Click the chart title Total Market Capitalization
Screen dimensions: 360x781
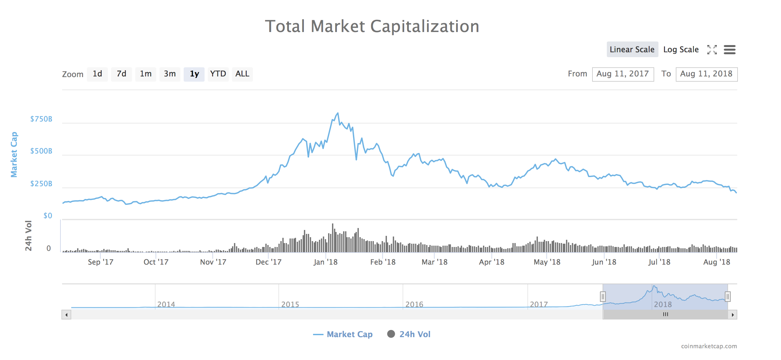point(372,26)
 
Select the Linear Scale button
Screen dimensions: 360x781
point(632,49)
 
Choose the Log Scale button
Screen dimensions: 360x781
point(681,49)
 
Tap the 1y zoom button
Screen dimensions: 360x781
point(194,74)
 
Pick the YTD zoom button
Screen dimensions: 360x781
point(218,74)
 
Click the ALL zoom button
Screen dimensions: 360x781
point(242,74)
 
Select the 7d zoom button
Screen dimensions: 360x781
point(121,74)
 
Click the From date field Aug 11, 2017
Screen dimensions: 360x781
point(623,74)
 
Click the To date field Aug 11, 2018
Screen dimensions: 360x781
point(706,74)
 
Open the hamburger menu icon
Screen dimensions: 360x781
point(729,50)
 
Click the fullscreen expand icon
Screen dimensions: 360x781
point(712,50)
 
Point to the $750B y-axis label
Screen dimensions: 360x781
point(41,119)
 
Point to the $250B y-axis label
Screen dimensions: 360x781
point(41,184)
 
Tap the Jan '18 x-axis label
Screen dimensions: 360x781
point(325,262)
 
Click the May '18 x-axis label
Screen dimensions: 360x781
point(547,262)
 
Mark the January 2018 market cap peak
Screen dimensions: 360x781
point(338,113)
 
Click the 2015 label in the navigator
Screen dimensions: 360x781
point(290,304)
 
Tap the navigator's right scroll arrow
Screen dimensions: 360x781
point(733,315)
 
